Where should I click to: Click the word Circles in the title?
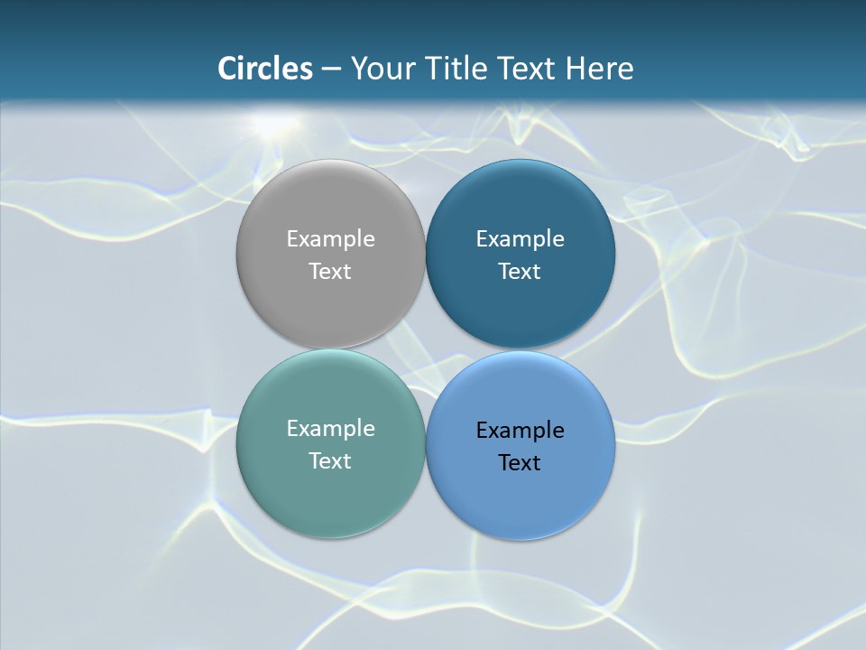click(x=265, y=69)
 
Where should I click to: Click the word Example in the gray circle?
click(x=330, y=239)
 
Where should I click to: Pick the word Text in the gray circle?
click(x=330, y=272)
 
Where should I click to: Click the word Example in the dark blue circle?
click(x=520, y=239)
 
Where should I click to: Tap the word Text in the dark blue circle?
click(x=520, y=272)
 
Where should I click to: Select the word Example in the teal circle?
click(x=330, y=429)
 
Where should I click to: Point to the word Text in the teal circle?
click(x=330, y=461)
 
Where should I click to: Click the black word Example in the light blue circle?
click(x=520, y=431)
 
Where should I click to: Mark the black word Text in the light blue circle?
click(x=520, y=463)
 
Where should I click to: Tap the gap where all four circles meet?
click(x=425, y=348)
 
